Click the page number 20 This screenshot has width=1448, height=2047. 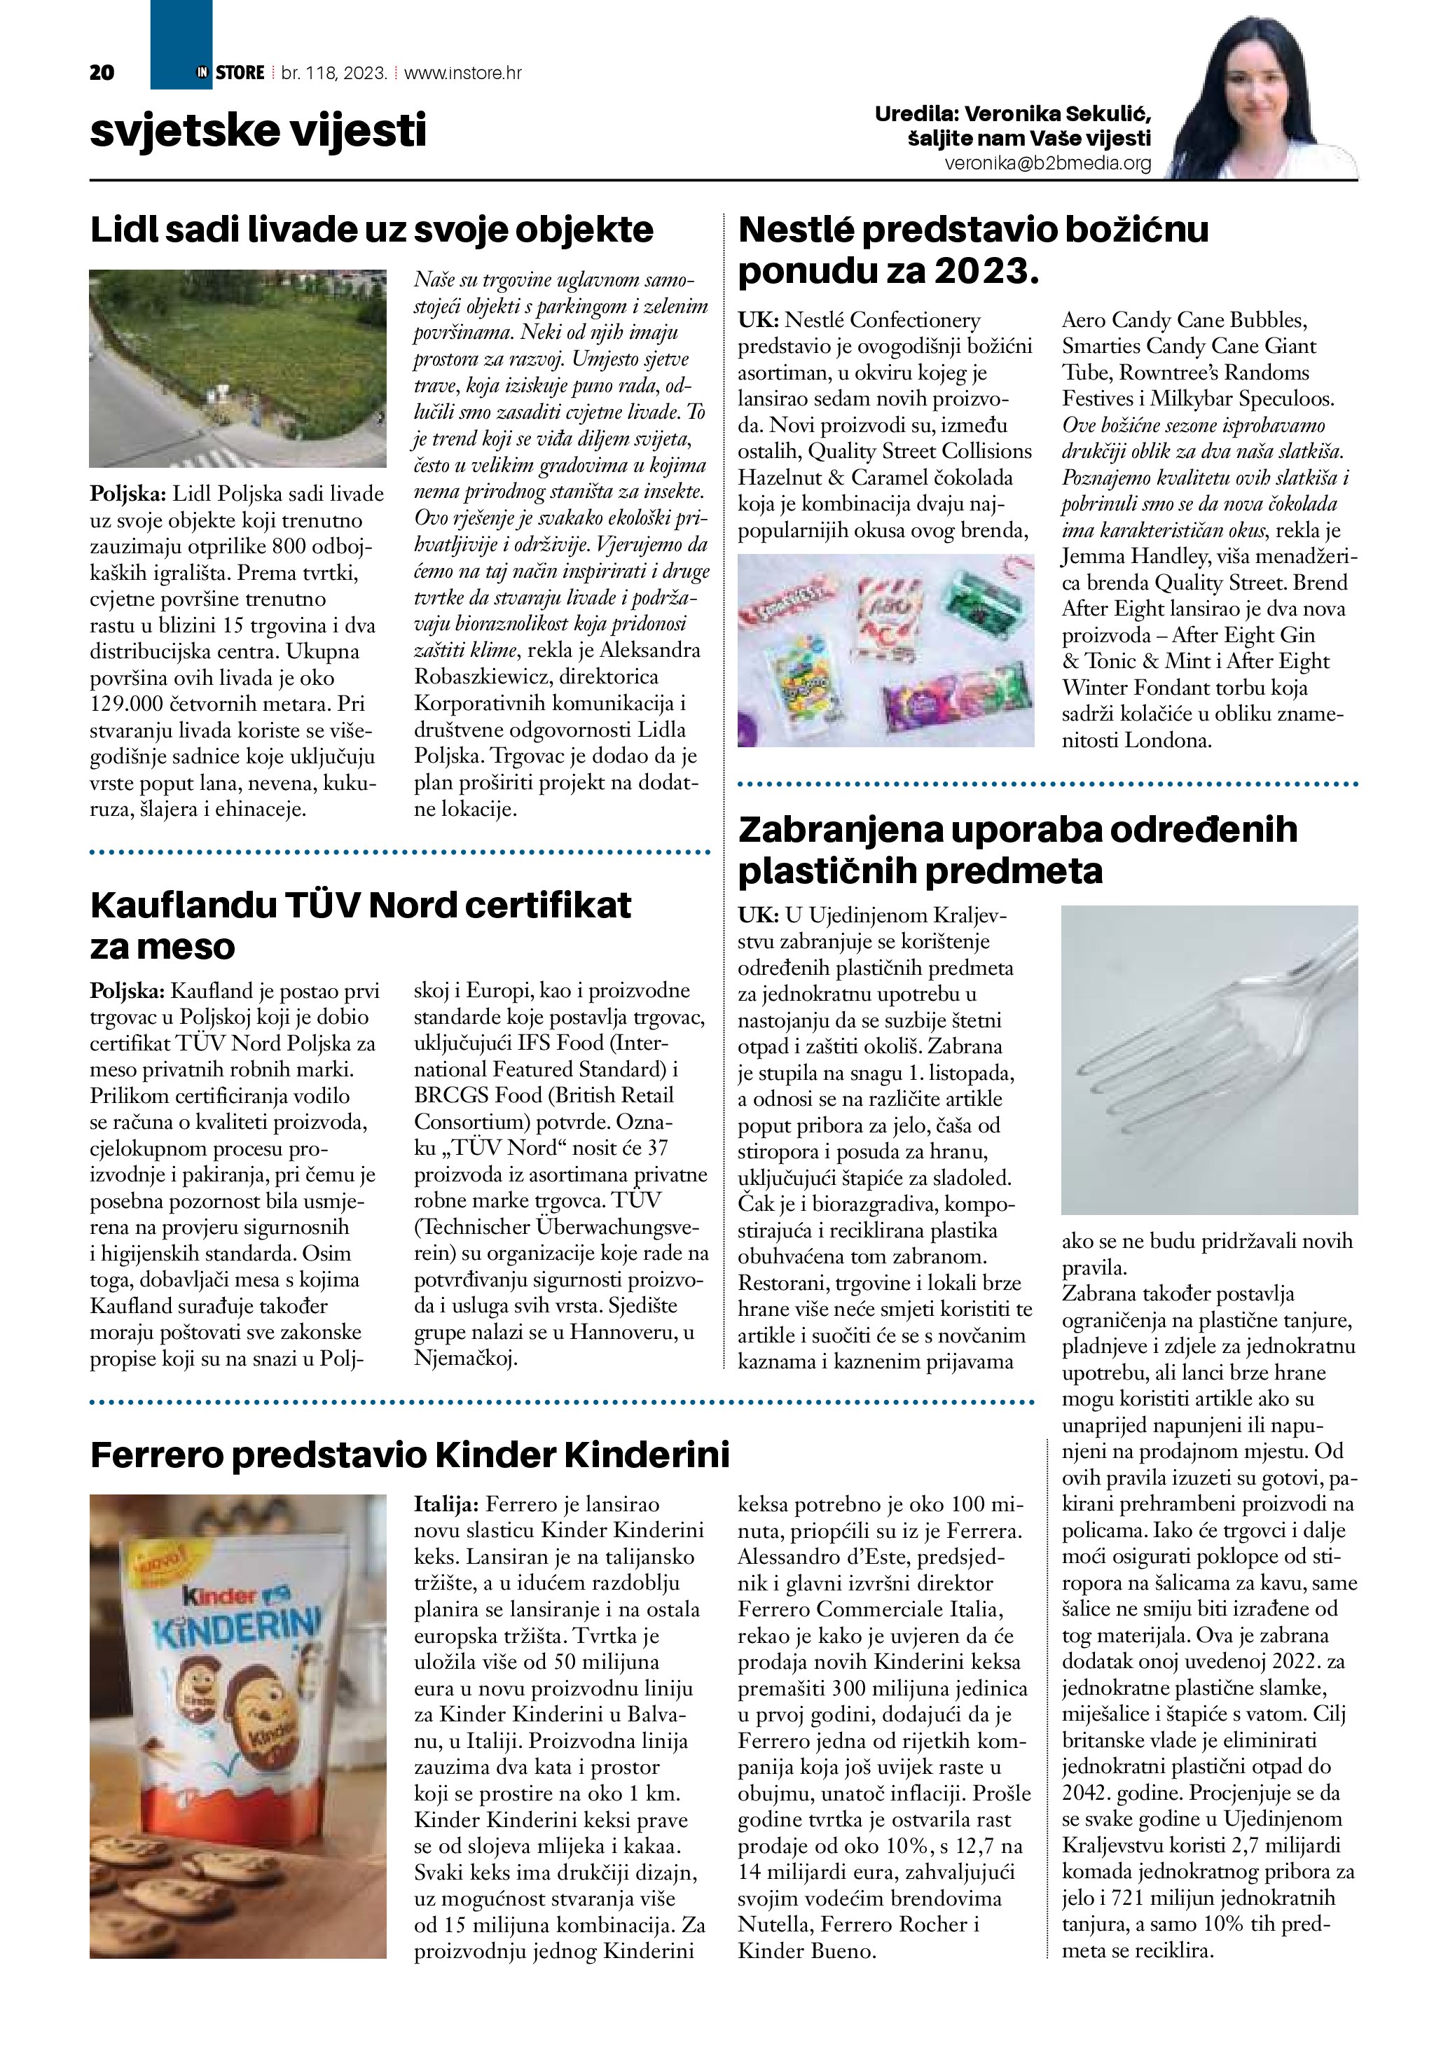point(102,73)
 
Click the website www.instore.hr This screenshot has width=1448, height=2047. point(463,73)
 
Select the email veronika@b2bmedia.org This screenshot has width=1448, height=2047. point(1048,164)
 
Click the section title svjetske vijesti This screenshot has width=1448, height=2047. point(258,130)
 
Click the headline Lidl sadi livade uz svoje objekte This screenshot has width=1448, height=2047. point(372,230)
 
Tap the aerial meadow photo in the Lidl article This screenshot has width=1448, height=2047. point(238,368)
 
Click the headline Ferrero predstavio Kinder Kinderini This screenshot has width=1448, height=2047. point(409,1455)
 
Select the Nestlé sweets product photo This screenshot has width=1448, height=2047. point(886,650)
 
